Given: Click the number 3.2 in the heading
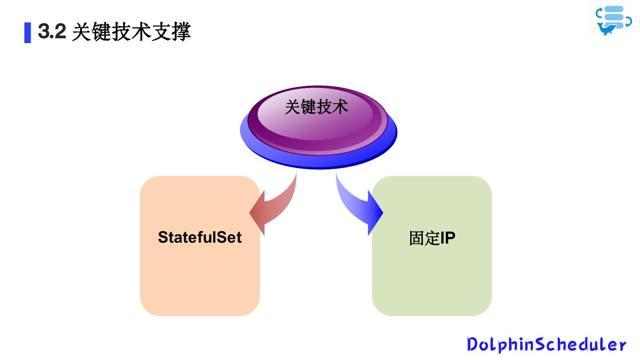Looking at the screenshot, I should point(52,32).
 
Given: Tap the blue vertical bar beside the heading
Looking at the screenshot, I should point(28,32).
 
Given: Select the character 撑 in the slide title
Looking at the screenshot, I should point(181,32).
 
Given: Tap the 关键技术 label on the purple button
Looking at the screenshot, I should point(316,107).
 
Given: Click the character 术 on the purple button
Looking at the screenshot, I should point(340,107).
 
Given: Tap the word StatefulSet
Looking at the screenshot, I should point(200,237).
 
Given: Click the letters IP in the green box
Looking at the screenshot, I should point(448,238).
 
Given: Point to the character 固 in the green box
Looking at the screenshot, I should point(416,238).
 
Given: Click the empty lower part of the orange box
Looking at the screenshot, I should point(200,284).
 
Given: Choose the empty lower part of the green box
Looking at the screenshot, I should point(432,284).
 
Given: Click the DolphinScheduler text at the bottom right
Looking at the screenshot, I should point(546,344).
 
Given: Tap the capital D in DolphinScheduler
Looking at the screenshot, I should point(473,344).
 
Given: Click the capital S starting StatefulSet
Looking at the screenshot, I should point(164,237).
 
